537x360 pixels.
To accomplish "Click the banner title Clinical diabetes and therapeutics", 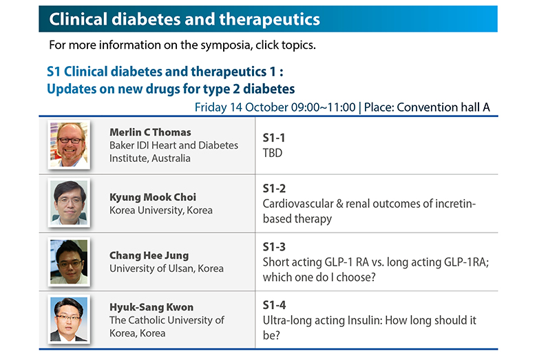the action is click(x=185, y=19).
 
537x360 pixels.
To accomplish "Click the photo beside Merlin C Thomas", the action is click(x=69, y=145).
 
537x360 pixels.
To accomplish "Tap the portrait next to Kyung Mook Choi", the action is click(x=69, y=203).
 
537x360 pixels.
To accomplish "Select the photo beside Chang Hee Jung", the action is click(x=69, y=262).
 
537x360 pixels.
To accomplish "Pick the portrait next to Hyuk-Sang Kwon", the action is click(x=69, y=319).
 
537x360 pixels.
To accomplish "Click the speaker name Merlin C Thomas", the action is click(x=150, y=132).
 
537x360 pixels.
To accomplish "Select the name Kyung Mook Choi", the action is click(x=153, y=198).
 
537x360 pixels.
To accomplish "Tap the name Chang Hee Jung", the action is click(x=149, y=255).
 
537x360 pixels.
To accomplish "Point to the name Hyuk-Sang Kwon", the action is click(x=151, y=307).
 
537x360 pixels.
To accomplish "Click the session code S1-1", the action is click(x=273, y=138).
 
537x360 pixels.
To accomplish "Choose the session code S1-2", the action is click(x=274, y=189).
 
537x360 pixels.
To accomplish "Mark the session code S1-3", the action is click(x=274, y=246).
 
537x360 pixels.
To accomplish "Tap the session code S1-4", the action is click(x=274, y=305).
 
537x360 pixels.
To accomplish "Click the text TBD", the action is click(x=273, y=153).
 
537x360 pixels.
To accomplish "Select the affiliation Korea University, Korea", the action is click(x=161, y=211).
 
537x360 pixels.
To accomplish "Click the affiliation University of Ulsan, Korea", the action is click(x=167, y=268).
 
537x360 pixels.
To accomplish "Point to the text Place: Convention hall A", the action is click(x=427, y=107).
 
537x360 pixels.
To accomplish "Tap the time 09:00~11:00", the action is click(x=324, y=107).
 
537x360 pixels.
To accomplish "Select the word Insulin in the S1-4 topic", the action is click(x=365, y=320).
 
